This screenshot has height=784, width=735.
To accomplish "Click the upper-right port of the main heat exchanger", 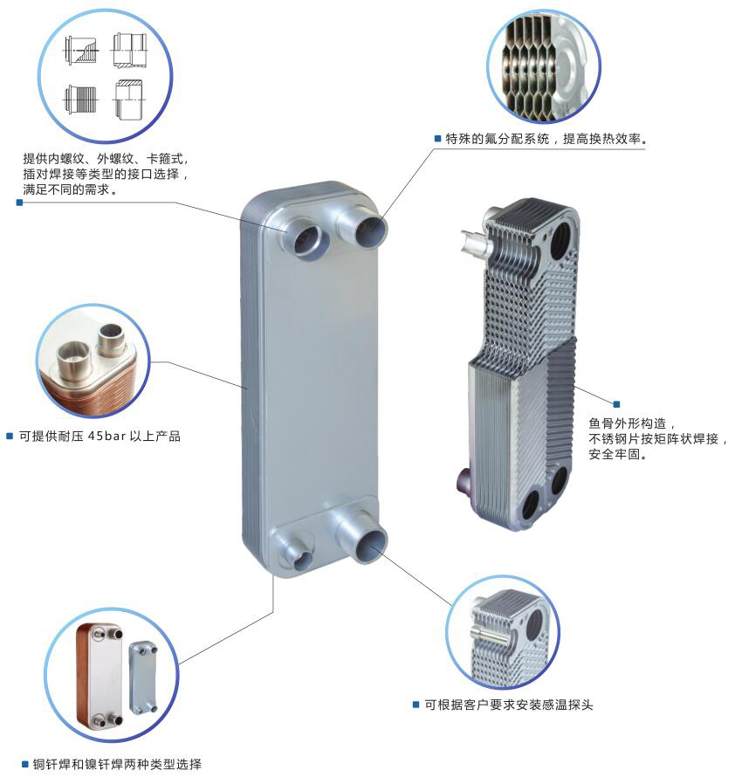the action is point(364,224).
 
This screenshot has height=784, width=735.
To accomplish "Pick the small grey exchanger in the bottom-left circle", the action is point(143,678).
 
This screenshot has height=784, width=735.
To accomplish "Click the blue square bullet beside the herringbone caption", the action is point(616,404).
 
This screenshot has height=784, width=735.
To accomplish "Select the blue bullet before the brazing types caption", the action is point(24,764).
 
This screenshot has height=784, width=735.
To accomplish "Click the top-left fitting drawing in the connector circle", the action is point(81,51).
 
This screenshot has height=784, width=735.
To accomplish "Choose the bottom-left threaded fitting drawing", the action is point(80,99).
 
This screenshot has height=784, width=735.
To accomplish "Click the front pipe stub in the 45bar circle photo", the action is point(74,360).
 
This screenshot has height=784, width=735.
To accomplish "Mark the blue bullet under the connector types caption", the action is point(19,203).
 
